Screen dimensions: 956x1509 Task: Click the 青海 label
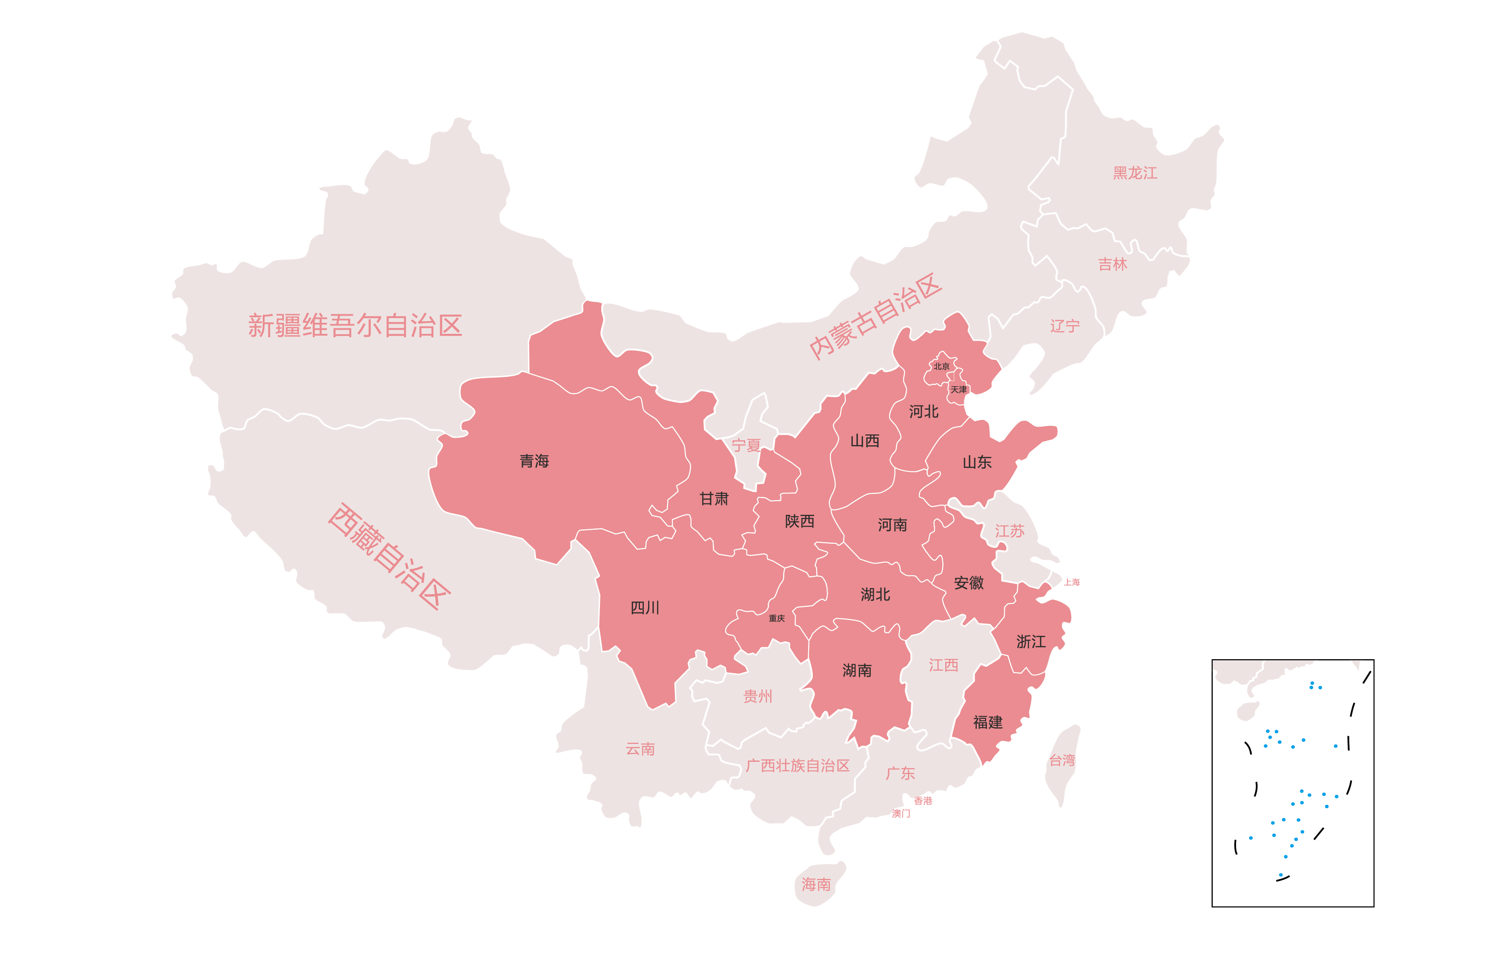[x=534, y=461]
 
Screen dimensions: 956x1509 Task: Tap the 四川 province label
[x=644, y=607]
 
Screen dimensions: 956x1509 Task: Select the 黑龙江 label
[x=1135, y=173]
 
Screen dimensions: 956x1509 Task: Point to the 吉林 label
[x=1112, y=264]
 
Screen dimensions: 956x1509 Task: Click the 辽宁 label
[x=1065, y=326]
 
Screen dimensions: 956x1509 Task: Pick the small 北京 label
[x=941, y=366]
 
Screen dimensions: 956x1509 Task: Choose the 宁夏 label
[x=746, y=446]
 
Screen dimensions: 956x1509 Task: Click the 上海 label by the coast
[x=1072, y=583]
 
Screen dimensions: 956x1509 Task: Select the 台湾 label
[x=1062, y=761]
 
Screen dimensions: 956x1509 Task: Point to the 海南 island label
[x=816, y=884]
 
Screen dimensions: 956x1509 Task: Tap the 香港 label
[x=923, y=801]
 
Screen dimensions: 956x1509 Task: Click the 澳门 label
[x=901, y=814]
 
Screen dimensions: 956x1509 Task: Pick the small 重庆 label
[x=777, y=618]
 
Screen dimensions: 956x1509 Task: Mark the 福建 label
[x=987, y=722]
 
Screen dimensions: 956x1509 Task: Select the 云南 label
[x=640, y=749]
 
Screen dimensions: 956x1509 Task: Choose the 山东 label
[x=977, y=462]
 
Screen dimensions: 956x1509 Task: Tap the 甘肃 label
[x=714, y=499]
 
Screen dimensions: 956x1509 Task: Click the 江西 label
[x=943, y=665]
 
